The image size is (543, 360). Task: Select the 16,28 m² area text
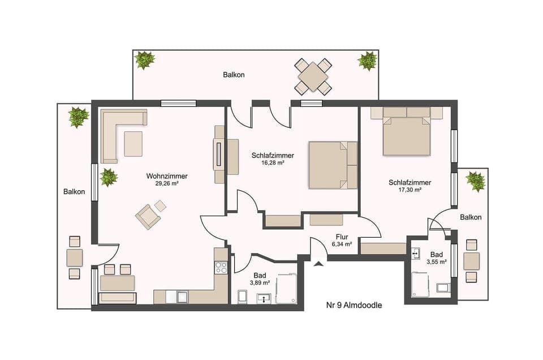point(272,162)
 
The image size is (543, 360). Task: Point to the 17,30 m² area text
point(410,190)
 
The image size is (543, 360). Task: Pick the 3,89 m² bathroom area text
point(260,282)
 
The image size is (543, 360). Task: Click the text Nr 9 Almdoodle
point(354,305)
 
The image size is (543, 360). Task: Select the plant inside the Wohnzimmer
point(109,177)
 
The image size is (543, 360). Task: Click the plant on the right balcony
point(476,181)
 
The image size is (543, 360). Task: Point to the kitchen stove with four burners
point(221,267)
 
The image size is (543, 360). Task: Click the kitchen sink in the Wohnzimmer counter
point(182,296)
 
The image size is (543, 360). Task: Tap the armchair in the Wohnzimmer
point(147,217)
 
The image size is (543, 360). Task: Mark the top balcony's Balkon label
point(234,75)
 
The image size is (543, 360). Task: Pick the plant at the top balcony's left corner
point(145,59)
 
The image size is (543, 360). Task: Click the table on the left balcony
point(75,258)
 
